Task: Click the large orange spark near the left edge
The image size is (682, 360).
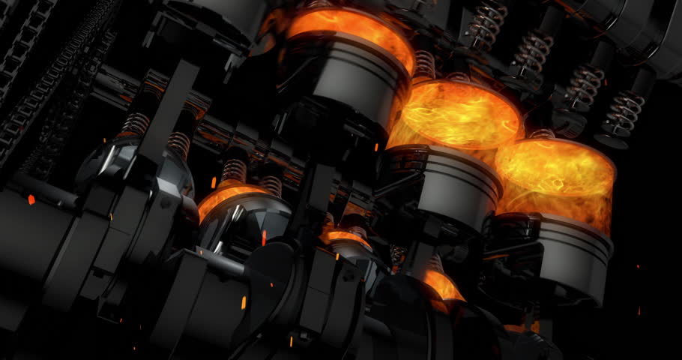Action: click(x=31, y=199)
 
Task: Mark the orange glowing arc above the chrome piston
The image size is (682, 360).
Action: click(x=225, y=195)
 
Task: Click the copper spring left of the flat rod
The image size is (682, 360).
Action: click(x=135, y=124)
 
